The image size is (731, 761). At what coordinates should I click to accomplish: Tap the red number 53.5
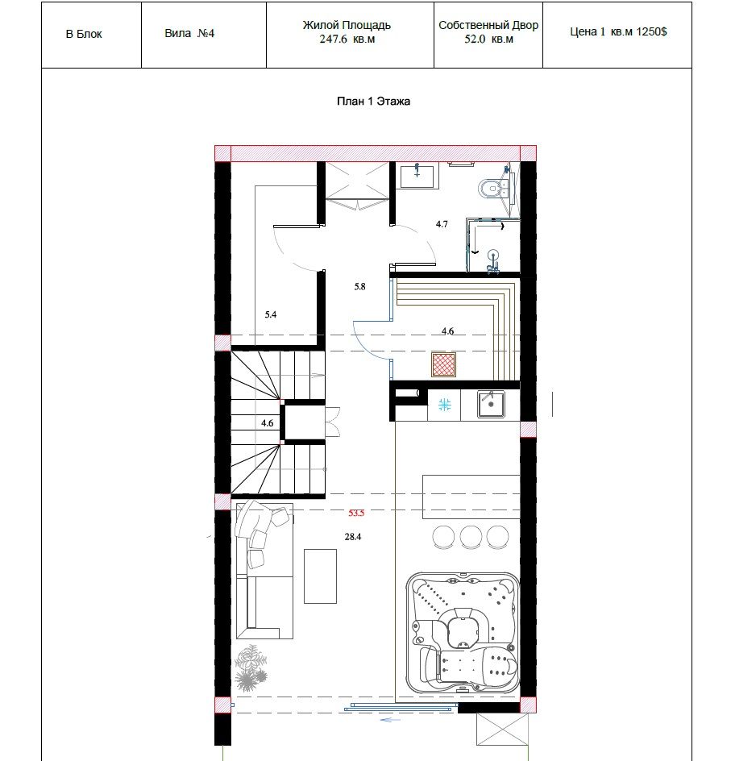point(356,513)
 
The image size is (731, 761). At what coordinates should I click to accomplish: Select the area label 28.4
point(353,537)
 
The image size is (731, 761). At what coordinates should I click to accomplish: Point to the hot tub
point(463,634)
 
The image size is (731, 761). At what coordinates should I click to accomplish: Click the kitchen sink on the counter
point(490,405)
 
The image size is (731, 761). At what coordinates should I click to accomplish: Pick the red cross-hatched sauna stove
point(444,364)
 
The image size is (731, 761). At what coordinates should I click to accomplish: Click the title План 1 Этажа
point(373,101)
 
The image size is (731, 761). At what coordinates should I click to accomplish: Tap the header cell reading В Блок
point(84,34)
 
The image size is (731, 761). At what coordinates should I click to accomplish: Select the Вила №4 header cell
point(189,34)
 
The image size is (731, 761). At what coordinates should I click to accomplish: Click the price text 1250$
point(651,31)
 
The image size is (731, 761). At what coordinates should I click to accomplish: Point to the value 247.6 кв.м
point(347,40)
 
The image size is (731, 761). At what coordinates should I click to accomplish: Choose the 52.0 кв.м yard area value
point(488,40)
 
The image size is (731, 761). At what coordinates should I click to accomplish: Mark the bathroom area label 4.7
point(442,224)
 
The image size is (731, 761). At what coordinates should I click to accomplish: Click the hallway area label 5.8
point(359,287)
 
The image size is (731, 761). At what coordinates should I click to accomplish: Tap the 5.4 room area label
point(270,314)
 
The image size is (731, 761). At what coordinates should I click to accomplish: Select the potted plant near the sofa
point(251,667)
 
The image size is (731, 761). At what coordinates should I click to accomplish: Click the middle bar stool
point(471,537)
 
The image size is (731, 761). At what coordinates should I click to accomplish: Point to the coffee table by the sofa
point(320,576)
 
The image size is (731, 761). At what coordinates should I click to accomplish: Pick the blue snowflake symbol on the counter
point(444,405)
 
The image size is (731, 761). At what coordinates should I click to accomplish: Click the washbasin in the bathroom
point(417,175)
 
